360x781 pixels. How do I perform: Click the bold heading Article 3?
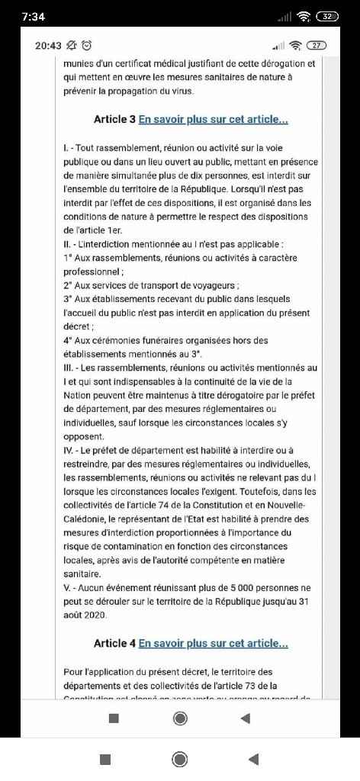point(114,120)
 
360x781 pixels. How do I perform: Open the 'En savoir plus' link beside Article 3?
point(214,120)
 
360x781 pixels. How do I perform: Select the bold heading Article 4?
point(114,644)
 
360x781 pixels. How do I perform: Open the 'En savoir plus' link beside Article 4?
point(214,644)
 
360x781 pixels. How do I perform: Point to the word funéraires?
point(164,341)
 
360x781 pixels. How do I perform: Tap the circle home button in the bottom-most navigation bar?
point(180,759)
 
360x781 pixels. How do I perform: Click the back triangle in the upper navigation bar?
point(245,718)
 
